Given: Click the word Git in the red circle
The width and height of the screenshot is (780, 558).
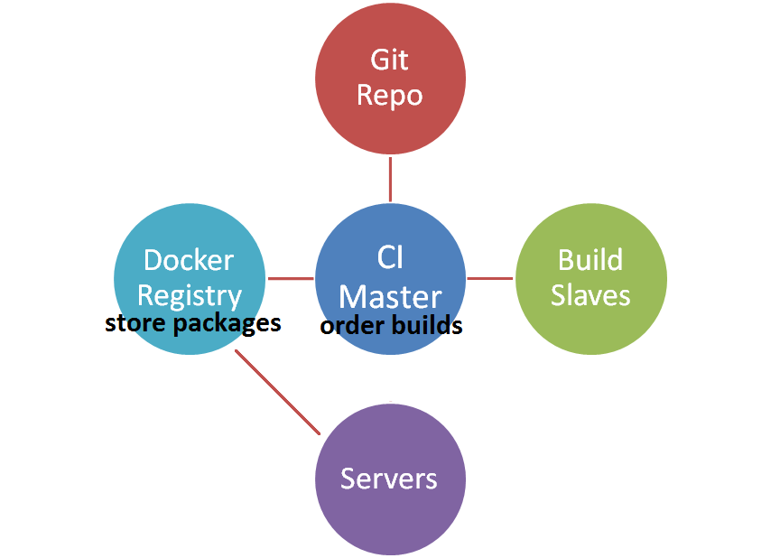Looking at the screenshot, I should [389, 60].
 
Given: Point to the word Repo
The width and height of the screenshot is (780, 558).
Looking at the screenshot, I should [389, 95].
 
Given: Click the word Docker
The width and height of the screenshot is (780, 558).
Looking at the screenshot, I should [189, 260].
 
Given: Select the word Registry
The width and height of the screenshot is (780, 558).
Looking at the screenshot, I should [190, 296].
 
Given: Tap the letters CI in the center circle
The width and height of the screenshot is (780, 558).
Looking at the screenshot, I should [390, 258].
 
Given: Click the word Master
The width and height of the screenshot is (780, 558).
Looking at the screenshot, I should [390, 296].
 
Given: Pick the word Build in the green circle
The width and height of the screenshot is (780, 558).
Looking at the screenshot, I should [590, 260].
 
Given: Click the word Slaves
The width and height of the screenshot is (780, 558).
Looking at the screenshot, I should [590, 295].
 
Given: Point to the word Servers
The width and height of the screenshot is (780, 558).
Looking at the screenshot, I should [389, 479].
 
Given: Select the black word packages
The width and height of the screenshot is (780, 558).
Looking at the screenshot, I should [227, 323].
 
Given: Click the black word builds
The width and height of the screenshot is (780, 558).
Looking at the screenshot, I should [426, 325].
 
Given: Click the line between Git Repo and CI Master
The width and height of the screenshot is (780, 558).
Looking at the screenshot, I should [390, 179].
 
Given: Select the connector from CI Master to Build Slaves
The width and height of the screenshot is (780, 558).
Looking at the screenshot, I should [490, 278].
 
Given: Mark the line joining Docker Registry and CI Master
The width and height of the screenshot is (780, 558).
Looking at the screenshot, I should [290, 278].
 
